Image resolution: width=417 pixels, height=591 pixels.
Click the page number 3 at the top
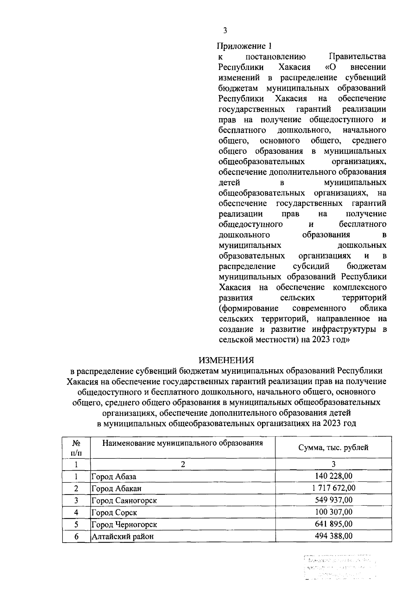point(225,31)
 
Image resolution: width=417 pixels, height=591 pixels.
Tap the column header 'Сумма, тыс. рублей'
point(333,448)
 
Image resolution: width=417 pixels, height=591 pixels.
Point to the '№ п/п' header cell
point(76,448)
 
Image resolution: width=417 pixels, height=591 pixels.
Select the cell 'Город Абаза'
point(114,477)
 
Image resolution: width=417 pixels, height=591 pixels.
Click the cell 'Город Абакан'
point(116,489)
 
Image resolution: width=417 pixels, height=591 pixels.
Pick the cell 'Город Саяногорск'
point(124,501)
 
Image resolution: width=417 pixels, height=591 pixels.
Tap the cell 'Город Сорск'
point(114,513)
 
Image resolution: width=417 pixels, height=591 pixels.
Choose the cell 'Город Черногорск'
point(124,525)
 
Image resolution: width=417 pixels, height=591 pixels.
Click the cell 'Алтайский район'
point(122,537)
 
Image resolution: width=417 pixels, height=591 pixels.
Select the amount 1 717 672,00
point(333,488)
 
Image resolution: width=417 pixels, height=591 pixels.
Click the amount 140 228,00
point(333,476)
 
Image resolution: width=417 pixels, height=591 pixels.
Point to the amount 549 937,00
point(333,500)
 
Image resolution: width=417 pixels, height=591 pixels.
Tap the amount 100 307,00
point(333,512)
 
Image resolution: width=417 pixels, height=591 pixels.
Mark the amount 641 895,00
point(333,524)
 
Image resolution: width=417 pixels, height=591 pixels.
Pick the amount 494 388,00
point(333,536)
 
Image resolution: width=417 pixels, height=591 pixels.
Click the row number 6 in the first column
point(76,537)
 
